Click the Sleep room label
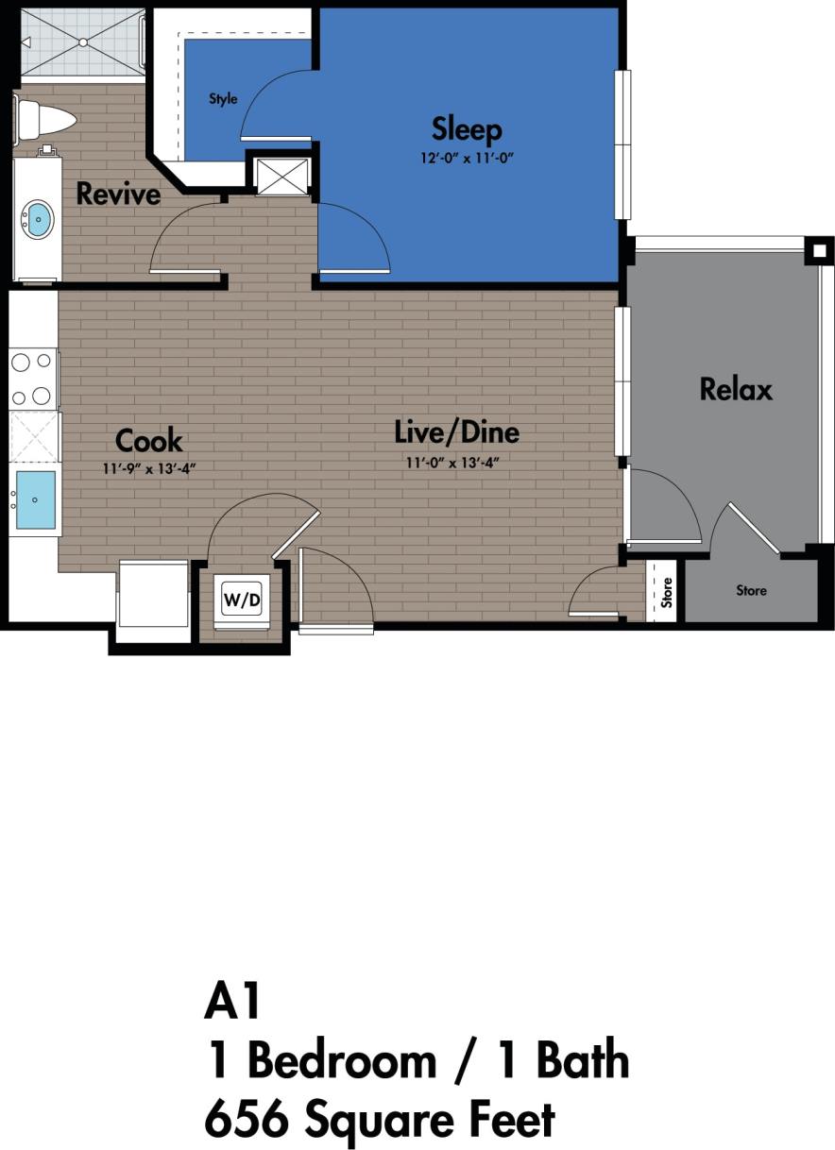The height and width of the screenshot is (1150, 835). click(467, 128)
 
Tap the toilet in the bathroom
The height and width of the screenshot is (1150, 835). click(45, 120)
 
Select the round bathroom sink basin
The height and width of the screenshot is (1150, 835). click(38, 219)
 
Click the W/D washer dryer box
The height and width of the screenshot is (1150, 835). click(241, 600)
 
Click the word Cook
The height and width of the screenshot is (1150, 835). click(148, 441)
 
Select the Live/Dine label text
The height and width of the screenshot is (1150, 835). click(456, 432)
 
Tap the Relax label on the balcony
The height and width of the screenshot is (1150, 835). click(736, 389)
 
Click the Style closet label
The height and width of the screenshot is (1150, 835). click(223, 99)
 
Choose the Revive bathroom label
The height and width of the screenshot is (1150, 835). click(118, 194)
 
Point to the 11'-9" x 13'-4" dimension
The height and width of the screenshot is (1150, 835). click(149, 467)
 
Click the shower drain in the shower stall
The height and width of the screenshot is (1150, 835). click(82, 42)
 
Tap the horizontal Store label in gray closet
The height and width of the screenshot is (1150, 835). click(751, 591)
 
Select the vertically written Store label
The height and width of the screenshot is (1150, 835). click(667, 592)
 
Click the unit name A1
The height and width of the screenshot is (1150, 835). click(232, 1001)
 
